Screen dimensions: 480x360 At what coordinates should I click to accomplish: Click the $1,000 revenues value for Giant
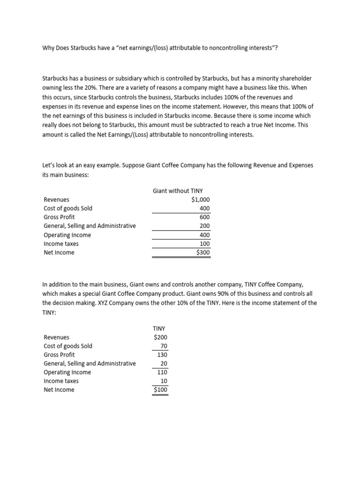201,200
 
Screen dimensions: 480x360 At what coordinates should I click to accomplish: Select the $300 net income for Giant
203,252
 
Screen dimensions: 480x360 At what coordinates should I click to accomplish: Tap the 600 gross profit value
205,217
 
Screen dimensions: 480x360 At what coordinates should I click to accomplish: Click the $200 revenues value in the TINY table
160,337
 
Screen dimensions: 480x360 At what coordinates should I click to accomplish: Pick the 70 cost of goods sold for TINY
164,346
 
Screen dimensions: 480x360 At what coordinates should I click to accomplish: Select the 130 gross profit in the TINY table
162,354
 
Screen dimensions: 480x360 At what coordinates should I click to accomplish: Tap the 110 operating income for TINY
162,372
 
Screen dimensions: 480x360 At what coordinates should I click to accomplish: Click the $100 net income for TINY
160,390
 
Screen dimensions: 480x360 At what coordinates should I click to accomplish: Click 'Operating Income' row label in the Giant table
67,235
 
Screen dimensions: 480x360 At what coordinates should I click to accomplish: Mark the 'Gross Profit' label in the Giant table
59,217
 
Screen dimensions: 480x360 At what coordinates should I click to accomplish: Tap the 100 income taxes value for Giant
205,244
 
